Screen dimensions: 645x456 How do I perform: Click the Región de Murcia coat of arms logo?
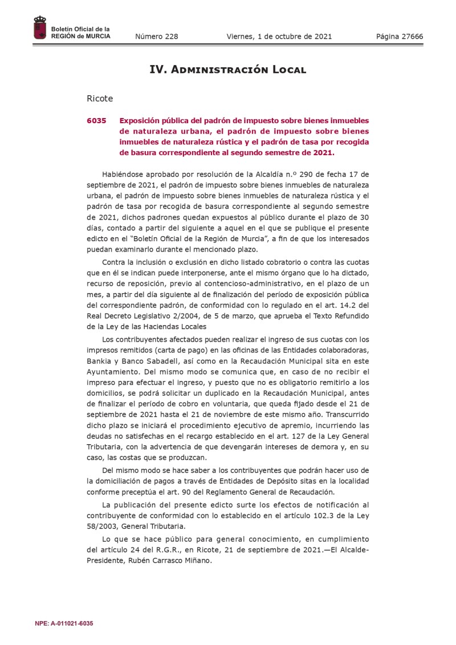[x=40, y=29]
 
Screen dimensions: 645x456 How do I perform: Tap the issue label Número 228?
[x=156, y=37]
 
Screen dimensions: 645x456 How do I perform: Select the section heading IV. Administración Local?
[x=228, y=70]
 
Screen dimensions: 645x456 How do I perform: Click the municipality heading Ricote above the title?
[x=100, y=99]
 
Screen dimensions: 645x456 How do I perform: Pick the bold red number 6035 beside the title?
[x=97, y=121]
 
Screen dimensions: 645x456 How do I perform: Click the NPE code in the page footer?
[x=64, y=623]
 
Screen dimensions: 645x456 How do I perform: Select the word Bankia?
[x=99, y=362]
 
